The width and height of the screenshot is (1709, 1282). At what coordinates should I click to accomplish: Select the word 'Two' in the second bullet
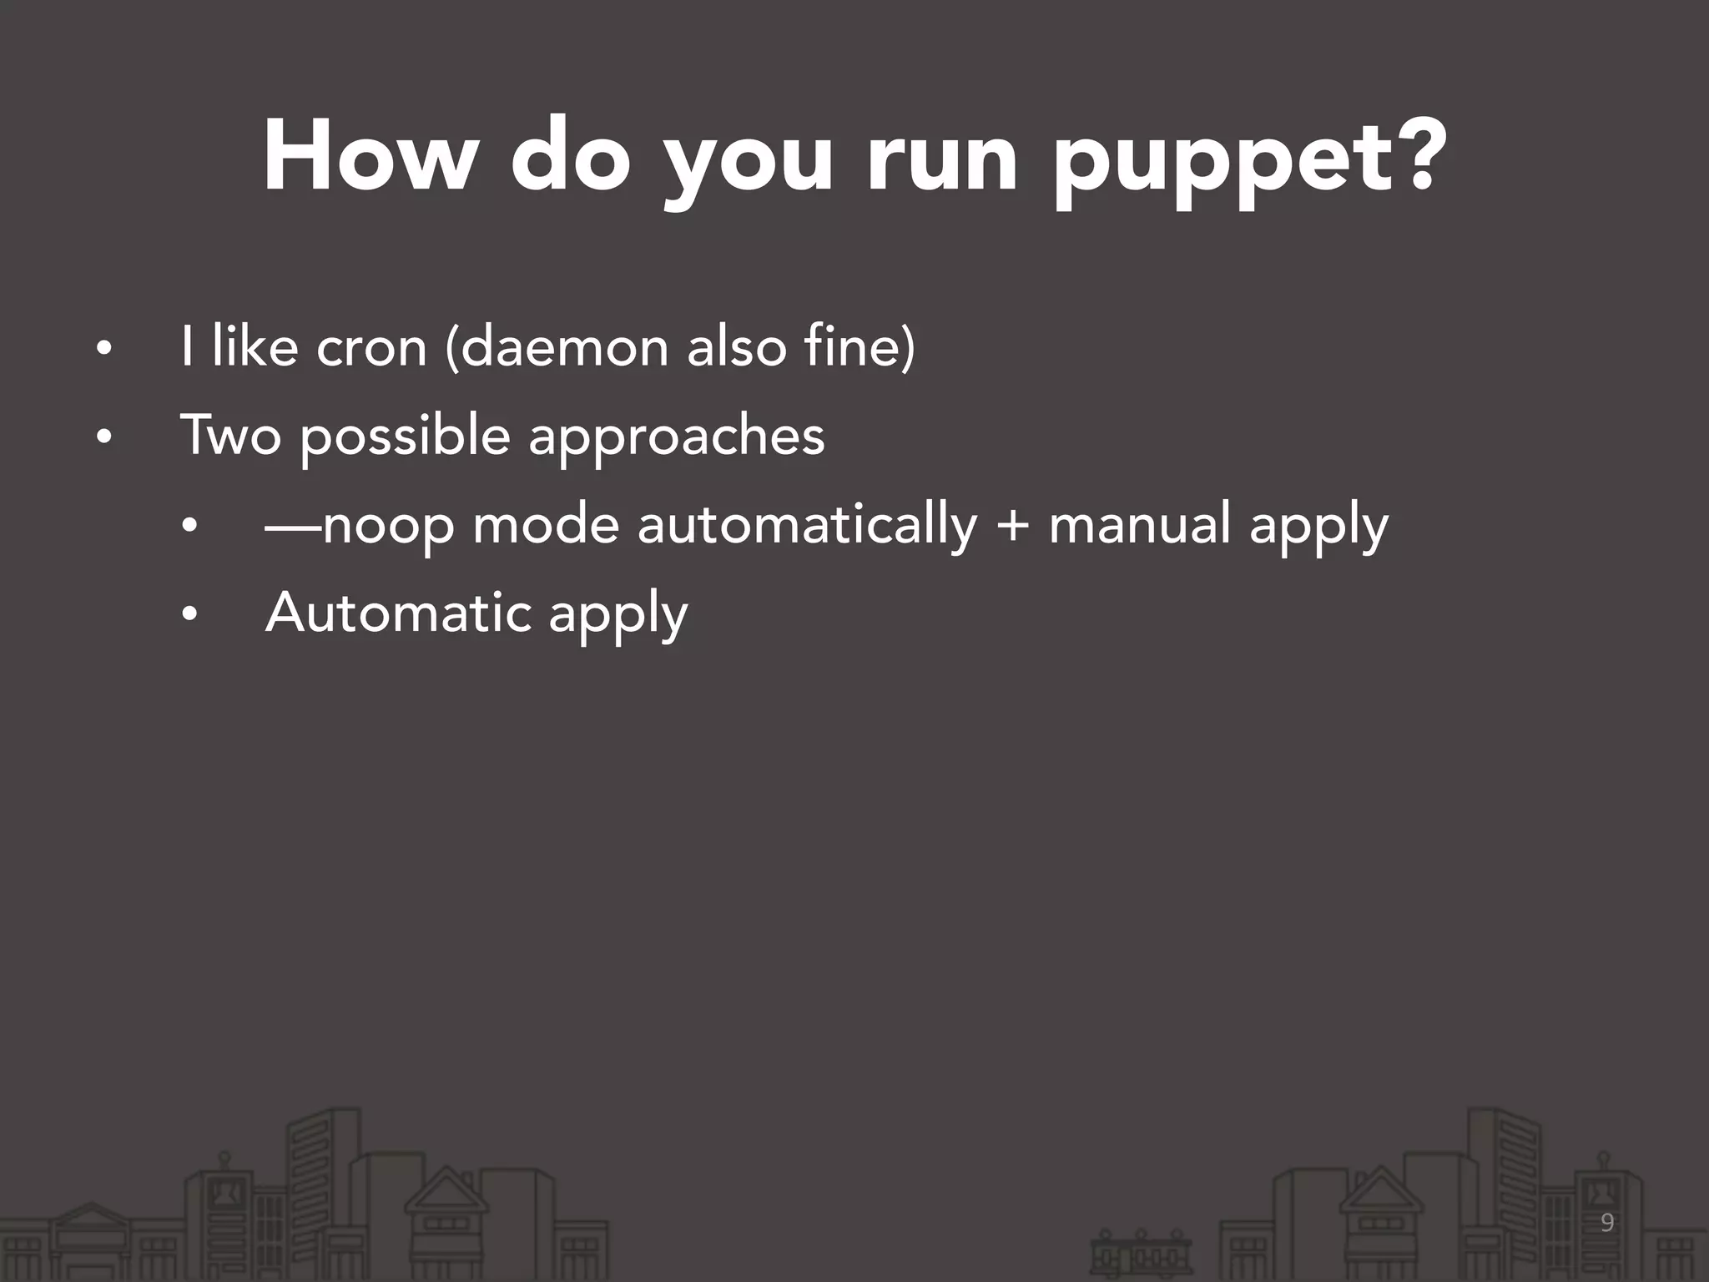click(x=231, y=436)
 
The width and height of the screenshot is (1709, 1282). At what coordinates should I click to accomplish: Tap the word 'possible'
click(x=405, y=436)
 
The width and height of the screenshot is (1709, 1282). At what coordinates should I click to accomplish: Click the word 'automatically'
click(x=807, y=525)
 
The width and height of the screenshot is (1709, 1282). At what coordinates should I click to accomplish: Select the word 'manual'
click(x=1140, y=525)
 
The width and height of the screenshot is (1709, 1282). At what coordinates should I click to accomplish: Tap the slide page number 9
click(x=1607, y=1224)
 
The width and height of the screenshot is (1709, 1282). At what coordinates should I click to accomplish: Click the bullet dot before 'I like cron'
click(x=103, y=349)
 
